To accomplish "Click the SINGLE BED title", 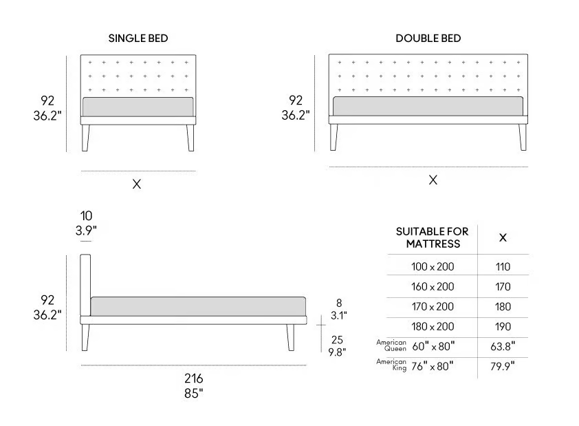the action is (138, 39).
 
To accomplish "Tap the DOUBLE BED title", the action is (428, 39).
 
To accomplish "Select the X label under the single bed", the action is (137, 184).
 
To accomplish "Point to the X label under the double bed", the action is (433, 180).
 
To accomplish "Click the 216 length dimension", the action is (194, 379).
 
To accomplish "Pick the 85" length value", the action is (194, 394).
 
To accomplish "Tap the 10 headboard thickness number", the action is (86, 216).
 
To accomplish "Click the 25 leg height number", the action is (337, 339).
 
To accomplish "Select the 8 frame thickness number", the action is (339, 303).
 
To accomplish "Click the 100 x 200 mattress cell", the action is (433, 267).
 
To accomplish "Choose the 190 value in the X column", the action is (503, 327).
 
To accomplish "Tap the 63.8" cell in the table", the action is (503, 347).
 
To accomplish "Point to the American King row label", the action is (391, 365).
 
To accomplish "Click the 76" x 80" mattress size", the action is (433, 367).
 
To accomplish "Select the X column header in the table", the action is (503, 237).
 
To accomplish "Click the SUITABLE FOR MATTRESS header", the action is (433, 237).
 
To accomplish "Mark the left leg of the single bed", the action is (85, 138).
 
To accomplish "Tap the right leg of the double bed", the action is (523, 137).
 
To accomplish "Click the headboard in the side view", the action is (85, 285).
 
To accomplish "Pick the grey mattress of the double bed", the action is (428, 106).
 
